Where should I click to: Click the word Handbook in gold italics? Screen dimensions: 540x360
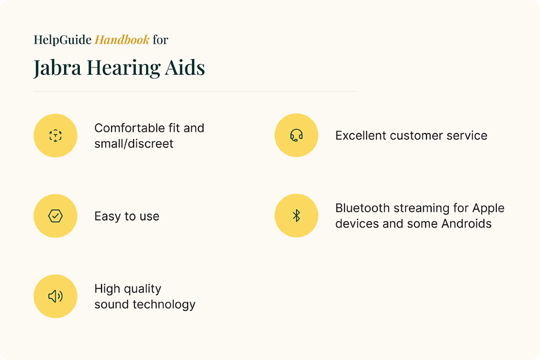[x=122, y=40]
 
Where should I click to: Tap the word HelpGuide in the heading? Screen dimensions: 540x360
[x=63, y=40]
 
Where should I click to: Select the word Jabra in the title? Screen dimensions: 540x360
[x=57, y=68]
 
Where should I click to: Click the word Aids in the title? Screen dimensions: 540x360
[x=185, y=67]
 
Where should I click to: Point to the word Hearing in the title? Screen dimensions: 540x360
[x=124, y=68]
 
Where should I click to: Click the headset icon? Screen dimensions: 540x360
[x=296, y=135]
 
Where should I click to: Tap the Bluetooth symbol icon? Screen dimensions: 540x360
[x=296, y=216]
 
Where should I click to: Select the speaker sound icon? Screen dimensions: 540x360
[x=55, y=296]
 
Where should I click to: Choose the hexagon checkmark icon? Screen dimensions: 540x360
[x=55, y=216]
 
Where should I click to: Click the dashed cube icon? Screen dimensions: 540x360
[x=55, y=136]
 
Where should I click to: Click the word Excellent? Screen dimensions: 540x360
[x=361, y=135]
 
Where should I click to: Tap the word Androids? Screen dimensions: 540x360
[x=466, y=223]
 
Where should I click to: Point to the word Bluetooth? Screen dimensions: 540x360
[x=362, y=208]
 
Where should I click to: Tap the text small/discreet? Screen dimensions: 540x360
[x=134, y=144]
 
